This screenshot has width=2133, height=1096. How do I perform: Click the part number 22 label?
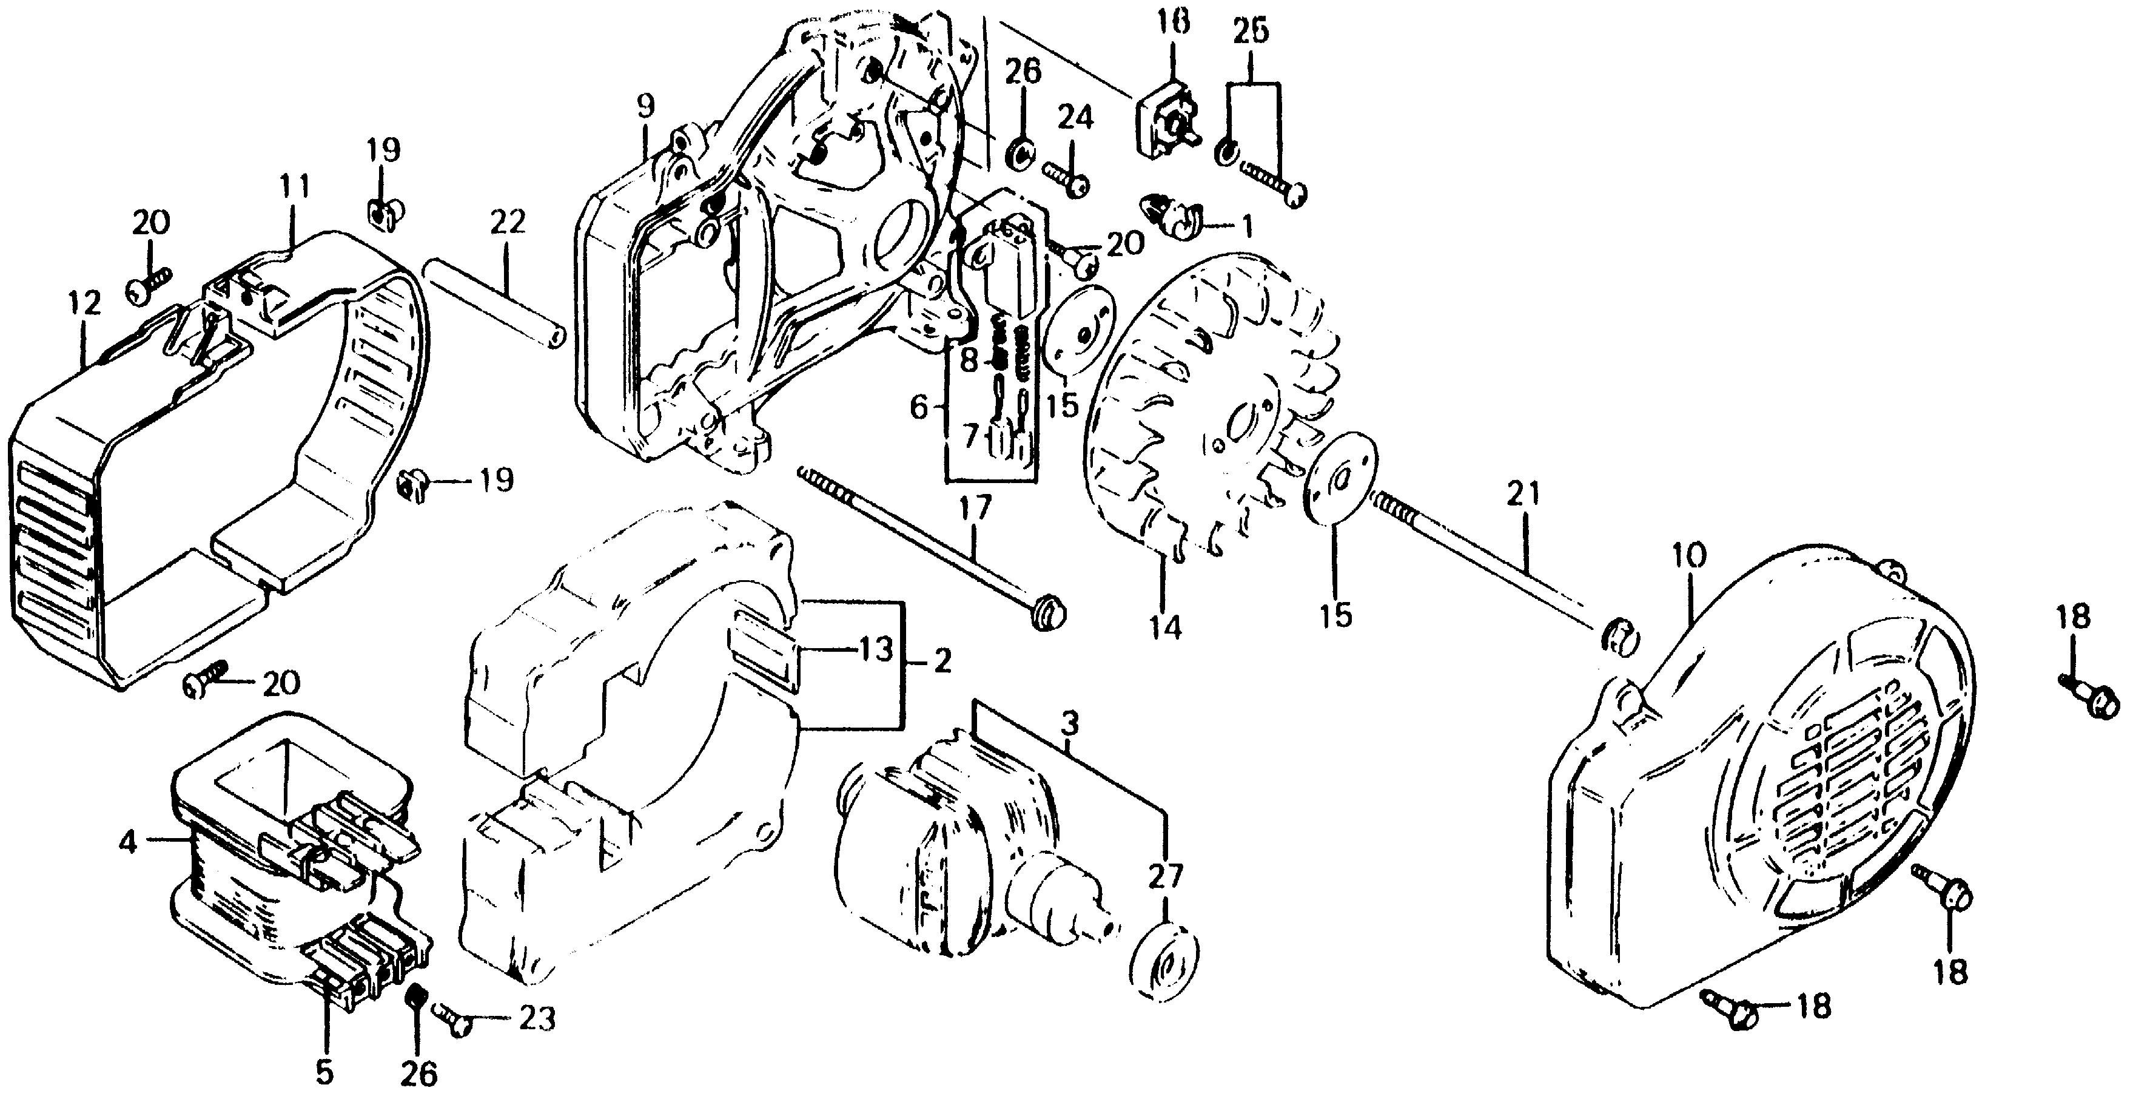(507, 223)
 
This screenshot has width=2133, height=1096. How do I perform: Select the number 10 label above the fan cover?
(1688, 555)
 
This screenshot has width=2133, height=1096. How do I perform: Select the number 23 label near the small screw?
(536, 1019)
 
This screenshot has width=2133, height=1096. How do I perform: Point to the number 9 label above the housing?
(646, 106)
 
